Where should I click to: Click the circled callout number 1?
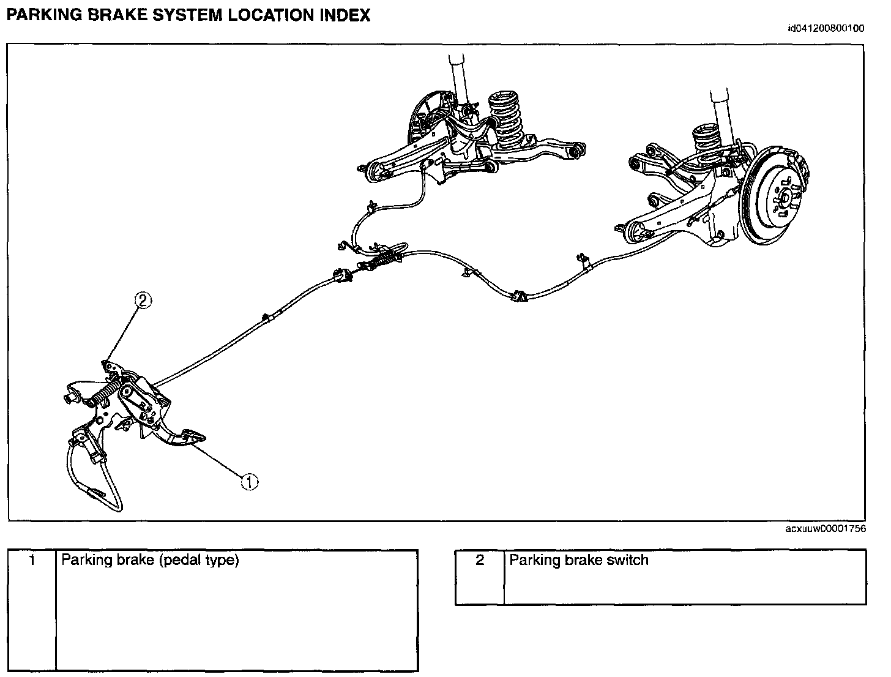[x=250, y=482]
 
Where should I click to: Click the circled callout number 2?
[x=142, y=301]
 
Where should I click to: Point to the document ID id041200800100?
[x=826, y=28]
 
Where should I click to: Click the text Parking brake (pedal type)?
[x=150, y=560]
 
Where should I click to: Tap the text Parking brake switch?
[x=578, y=560]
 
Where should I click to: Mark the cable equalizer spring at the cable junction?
[x=379, y=261]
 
